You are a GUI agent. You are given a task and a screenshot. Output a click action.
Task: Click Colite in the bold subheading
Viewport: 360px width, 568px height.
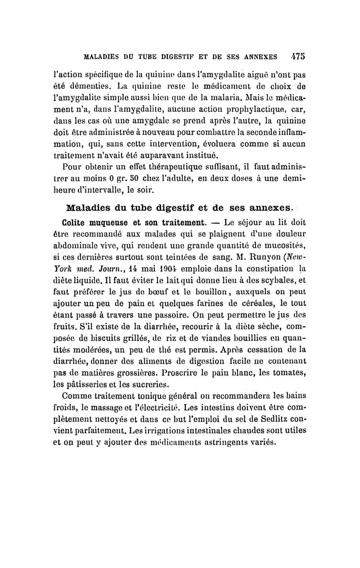80,221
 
